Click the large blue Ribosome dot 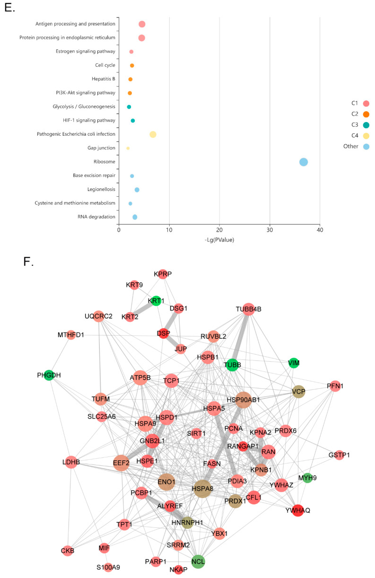pos(304,162)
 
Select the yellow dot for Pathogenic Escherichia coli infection pos(153,134)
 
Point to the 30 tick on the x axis pos(270,230)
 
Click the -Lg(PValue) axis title pos(219,240)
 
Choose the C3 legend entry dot pos(366,125)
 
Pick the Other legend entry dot pos(366,147)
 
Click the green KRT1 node pos(156,300)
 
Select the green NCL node pos(198,562)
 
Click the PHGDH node pos(48,375)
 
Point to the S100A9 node pos(108,567)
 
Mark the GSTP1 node pos(339,455)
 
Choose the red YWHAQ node pos(297,510)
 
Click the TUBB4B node pos(248,309)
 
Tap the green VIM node pos(294,363)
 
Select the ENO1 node pos(166,482)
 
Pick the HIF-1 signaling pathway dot pos(133,121)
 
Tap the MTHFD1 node pos(71,335)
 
